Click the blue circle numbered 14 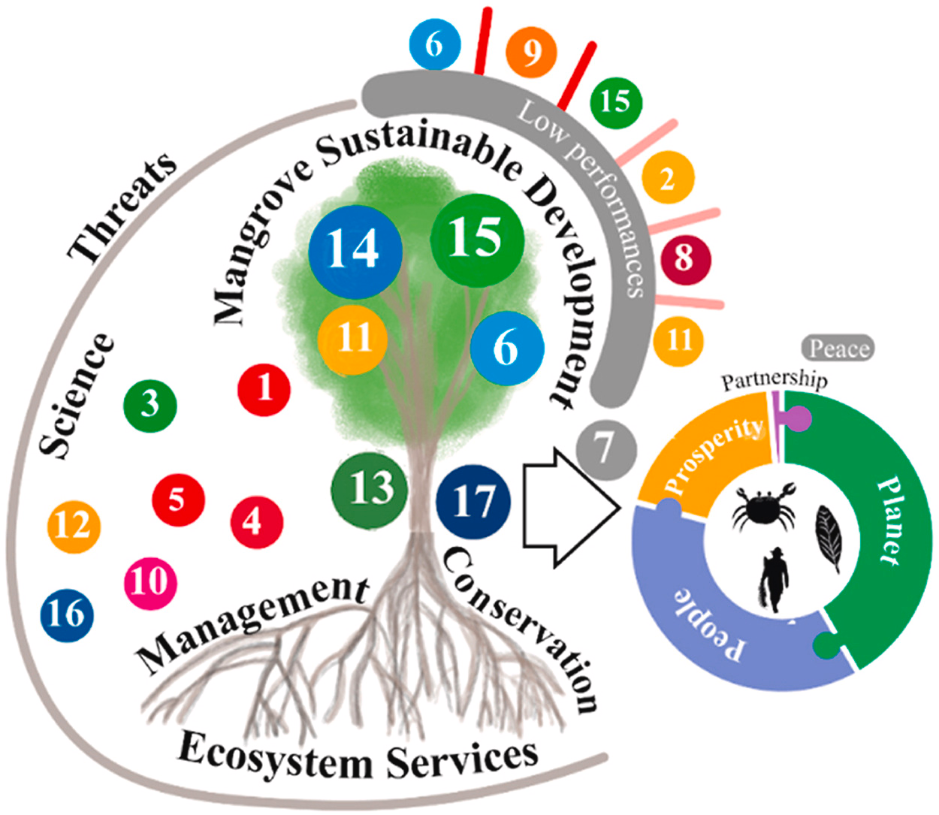tap(355, 249)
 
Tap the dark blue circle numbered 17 tap(473, 501)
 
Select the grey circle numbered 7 tap(605, 449)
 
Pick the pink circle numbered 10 tap(150, 581)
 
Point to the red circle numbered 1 tap(264, 389)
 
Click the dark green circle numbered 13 tap(370, 488)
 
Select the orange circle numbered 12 tap(74, 525)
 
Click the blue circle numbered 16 tap(67, 614)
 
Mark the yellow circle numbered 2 tap(667, 179)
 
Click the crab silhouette tap(762, 506)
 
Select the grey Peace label tap(838, 349)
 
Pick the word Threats tap(122, 206)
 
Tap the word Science tap(77, 397)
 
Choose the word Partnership tap(774, 380)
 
